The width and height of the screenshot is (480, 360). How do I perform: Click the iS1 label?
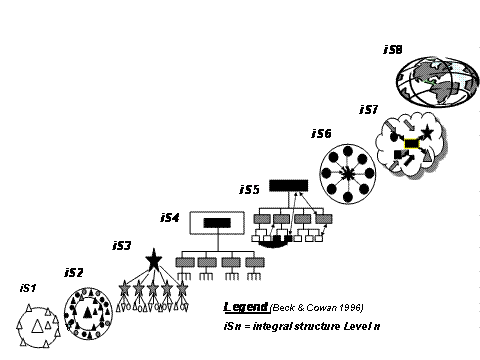click(28, 288)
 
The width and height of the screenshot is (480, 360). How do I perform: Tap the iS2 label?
click(73, 273)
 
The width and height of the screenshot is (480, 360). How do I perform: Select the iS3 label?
click(122, 246)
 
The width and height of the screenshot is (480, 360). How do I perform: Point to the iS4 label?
click(170, 218)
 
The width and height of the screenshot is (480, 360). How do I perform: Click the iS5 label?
click(249, 189)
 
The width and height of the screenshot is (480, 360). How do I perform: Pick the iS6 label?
click(322, 134)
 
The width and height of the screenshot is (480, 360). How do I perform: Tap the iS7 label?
click(369, 109)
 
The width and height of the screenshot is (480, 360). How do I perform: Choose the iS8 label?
click(393, 49)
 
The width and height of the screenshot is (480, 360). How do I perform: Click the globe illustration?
click(437, 82)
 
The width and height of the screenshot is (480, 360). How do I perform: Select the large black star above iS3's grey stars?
click(154, 259)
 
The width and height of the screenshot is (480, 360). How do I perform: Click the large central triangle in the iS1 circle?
click(37, 326)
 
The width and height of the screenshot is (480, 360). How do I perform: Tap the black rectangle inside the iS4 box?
click(217, 223)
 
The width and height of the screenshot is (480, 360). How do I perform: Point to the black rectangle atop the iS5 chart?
click(289, 186)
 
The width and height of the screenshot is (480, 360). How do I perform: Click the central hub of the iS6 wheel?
click(348, 173)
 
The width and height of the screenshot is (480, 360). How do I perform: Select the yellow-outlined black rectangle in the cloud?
click(412, 144)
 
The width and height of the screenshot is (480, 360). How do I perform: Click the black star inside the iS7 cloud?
click(427, 133)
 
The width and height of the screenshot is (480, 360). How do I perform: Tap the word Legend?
click(246, 307)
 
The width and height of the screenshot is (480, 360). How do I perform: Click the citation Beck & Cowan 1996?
click(317, 307)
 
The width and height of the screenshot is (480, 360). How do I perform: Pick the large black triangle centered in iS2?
click(88, 313)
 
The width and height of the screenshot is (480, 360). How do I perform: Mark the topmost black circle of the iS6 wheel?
click(348, 151)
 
